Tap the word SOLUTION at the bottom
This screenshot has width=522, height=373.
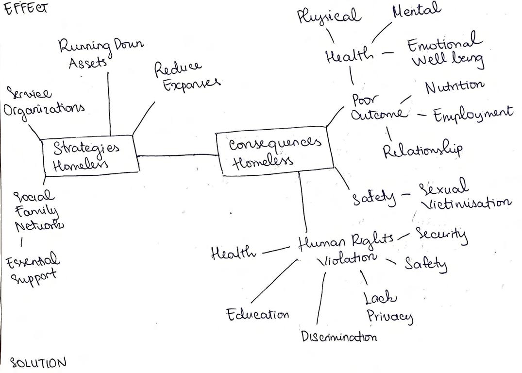tap(38, 362)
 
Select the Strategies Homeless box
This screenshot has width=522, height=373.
tap(89, 156)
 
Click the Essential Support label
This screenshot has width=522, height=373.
tap(32, 267)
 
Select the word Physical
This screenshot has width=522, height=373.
tap(329, 16)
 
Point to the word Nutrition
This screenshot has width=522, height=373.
tap(454, 86)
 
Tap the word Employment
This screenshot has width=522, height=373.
tap(472, 114)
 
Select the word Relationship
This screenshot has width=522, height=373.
tap(422, 150)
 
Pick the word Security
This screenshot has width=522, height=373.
tap(442, 235)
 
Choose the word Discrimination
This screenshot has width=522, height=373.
tap(338, 336)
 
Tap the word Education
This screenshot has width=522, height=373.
tap(257, 314)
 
